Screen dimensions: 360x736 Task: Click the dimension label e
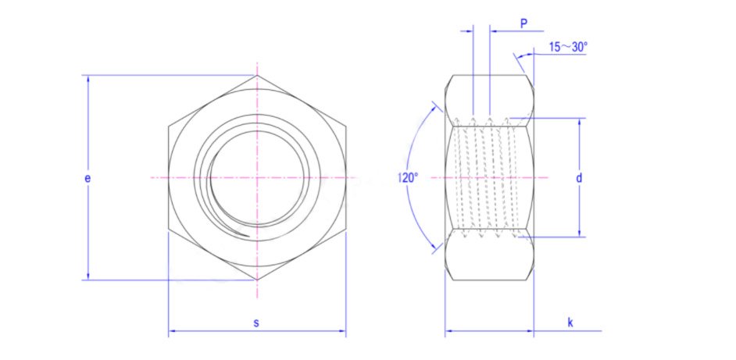88,178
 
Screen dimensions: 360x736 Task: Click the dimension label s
256,323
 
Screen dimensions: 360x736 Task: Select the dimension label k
570,323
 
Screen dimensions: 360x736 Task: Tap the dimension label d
579,178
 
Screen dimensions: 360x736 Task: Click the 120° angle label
408,178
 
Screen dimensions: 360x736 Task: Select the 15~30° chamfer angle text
568,47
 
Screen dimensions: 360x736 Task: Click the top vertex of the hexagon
257,76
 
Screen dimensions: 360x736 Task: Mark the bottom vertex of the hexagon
257,280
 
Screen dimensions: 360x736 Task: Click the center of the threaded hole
257,178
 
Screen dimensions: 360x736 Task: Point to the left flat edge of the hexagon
168,178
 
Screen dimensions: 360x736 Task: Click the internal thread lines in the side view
488,178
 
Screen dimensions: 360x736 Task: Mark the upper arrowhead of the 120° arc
434,104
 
